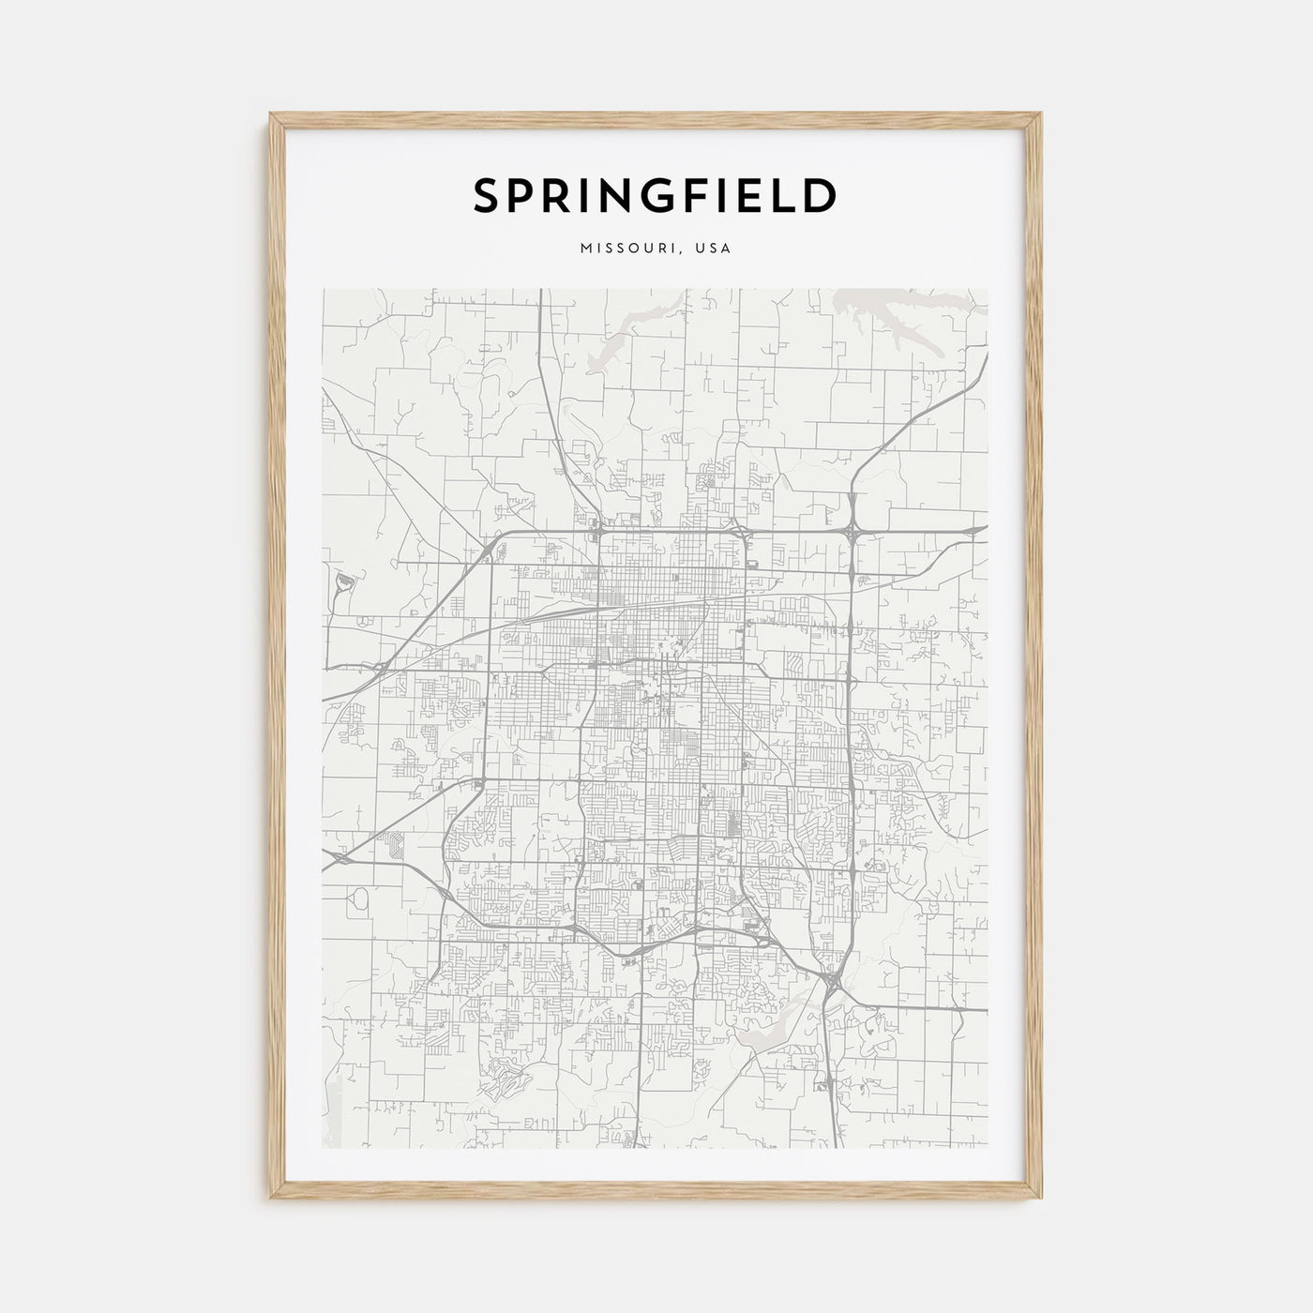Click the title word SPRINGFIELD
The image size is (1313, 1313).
point(656,196)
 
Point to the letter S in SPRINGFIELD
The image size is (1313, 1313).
point(489,196)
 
